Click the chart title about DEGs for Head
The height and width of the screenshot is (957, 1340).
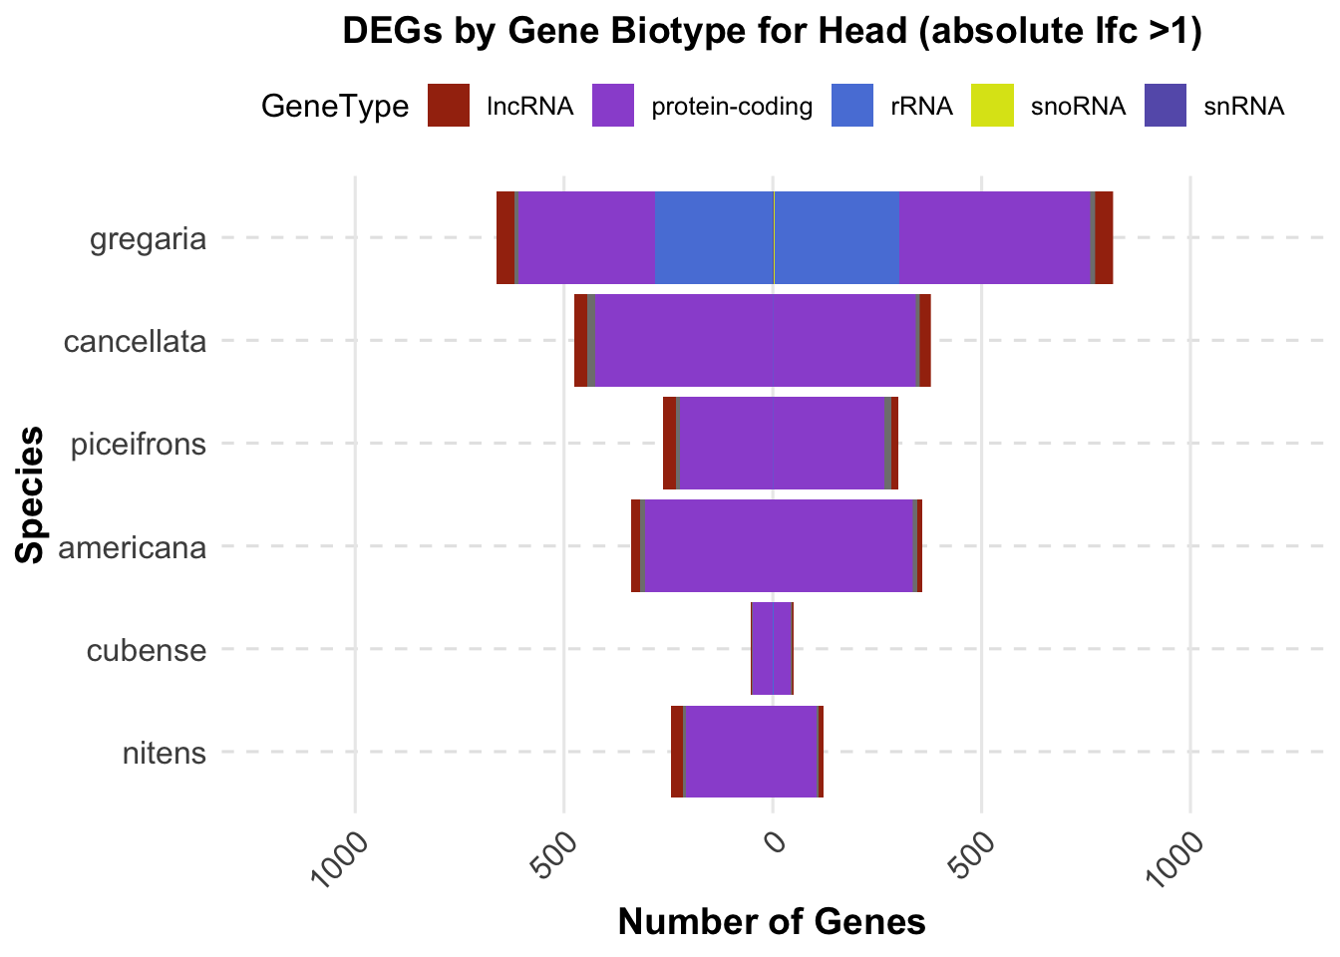773,32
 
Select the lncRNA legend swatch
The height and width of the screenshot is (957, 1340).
449,106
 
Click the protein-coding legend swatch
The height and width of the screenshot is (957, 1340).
613,106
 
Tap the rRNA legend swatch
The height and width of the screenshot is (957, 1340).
852,106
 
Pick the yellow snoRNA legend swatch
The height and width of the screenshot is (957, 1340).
992,106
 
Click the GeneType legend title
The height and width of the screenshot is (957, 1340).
335,107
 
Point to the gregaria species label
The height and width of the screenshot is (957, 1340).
148,239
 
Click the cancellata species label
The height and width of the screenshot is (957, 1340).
135,342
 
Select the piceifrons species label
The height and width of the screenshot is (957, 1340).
139,444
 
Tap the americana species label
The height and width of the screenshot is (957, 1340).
133,547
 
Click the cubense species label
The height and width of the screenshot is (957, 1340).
147,651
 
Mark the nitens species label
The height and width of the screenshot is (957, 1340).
164,753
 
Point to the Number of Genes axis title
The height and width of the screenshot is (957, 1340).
772,922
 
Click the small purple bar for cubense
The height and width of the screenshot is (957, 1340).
772,648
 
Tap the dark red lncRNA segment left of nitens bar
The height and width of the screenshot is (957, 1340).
677,751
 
